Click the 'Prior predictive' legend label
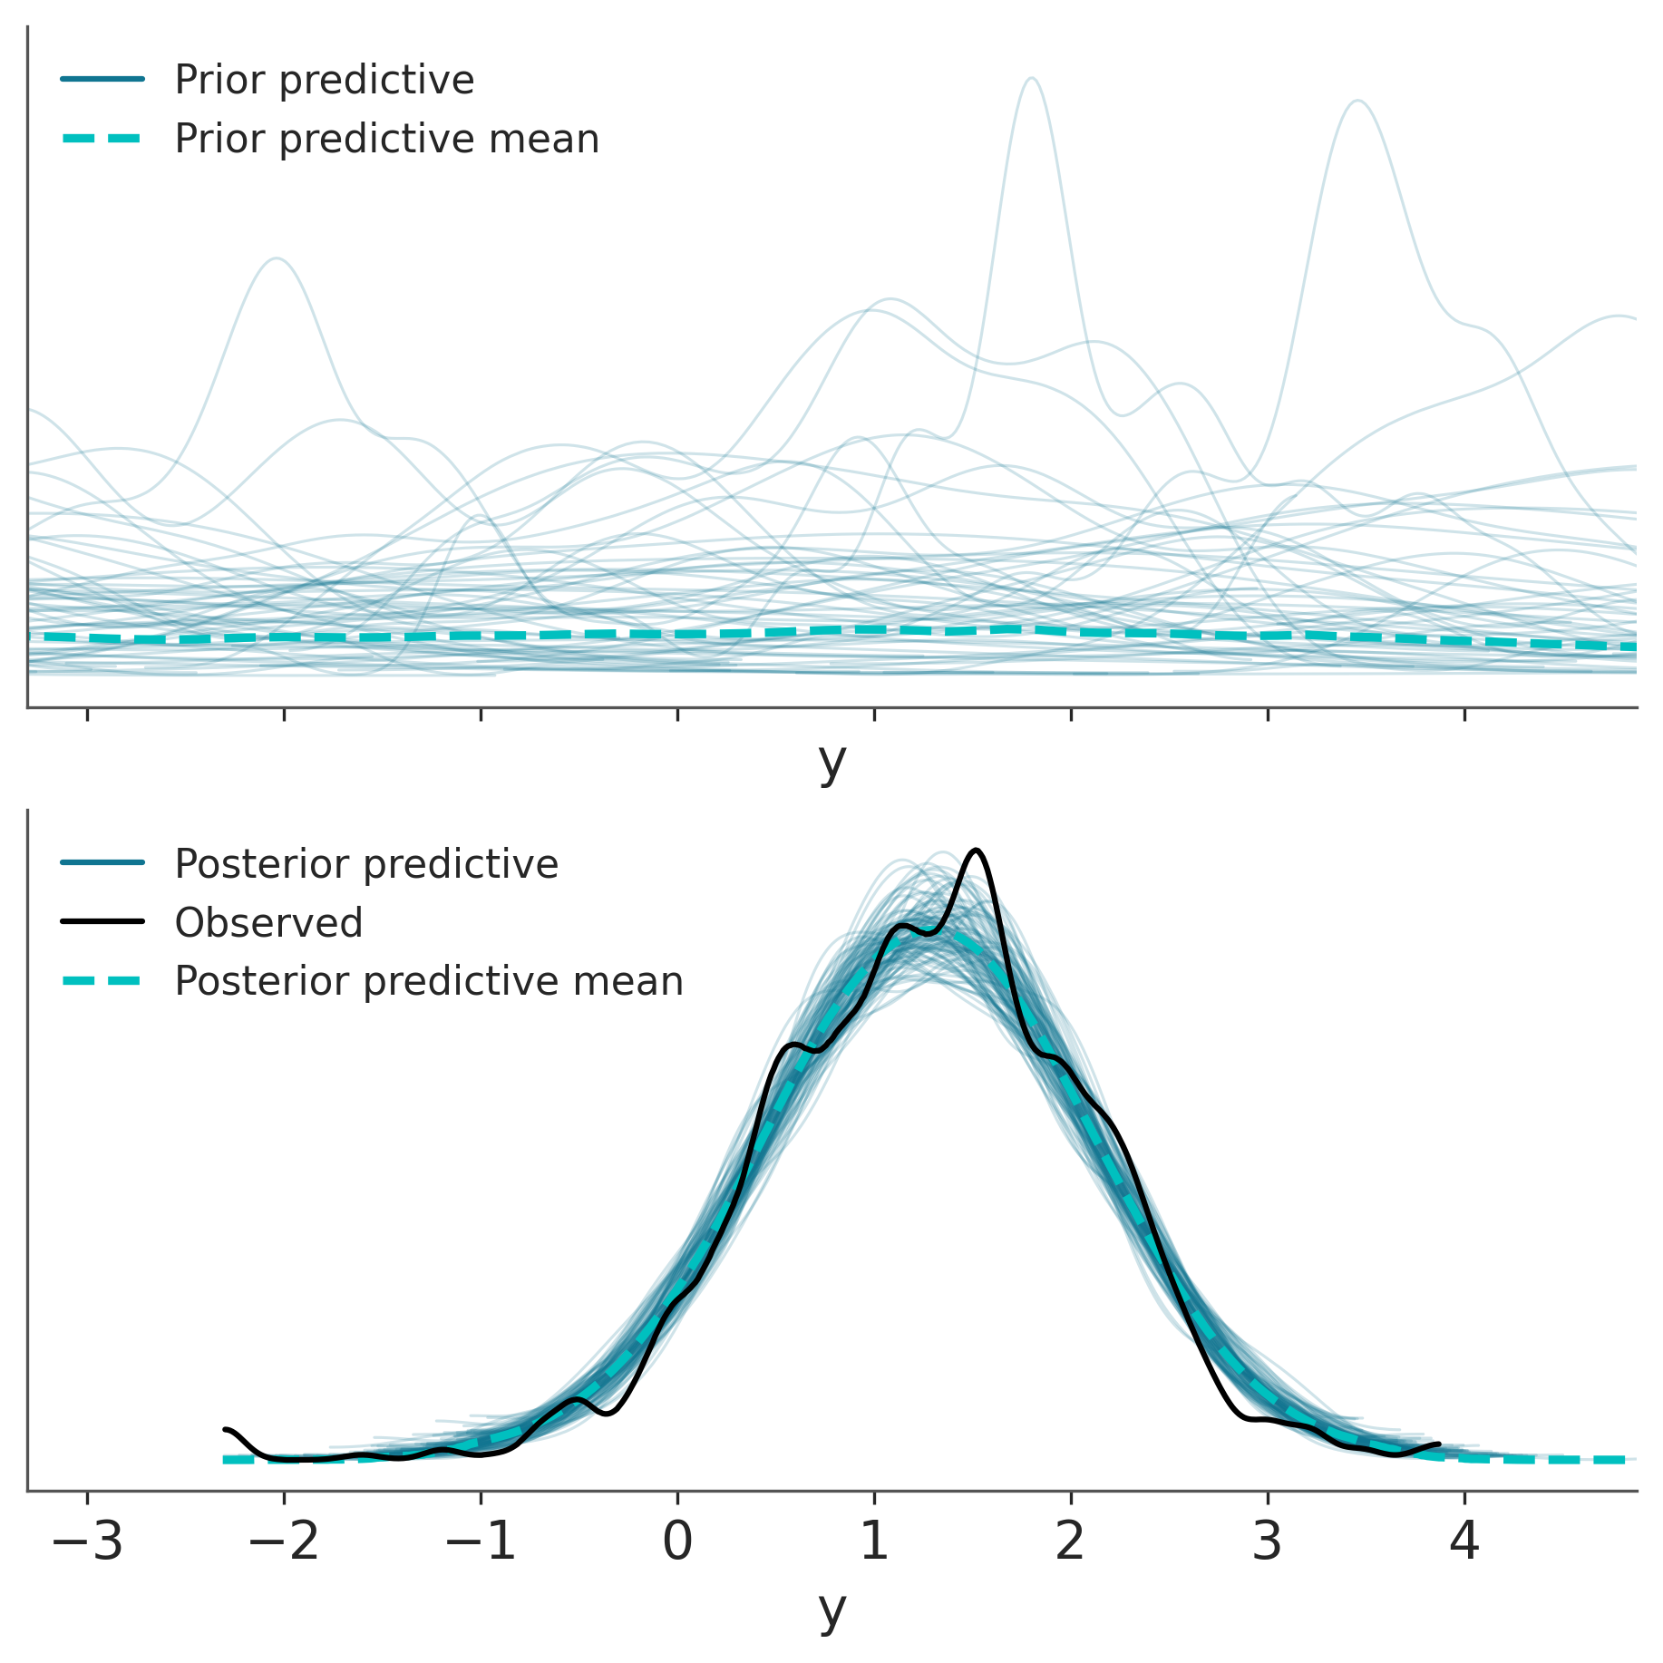[324, 80]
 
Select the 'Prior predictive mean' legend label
[386, 139]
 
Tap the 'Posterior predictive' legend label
[365, 864]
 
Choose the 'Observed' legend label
[268, 923]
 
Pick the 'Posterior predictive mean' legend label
[428, 981]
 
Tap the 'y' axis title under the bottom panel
[831, 1610]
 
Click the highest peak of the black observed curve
[976, 851]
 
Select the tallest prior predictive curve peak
[1032, 79]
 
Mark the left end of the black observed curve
[225, 1430]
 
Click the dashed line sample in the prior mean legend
[102, 139]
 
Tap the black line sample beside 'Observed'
[102, 922]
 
